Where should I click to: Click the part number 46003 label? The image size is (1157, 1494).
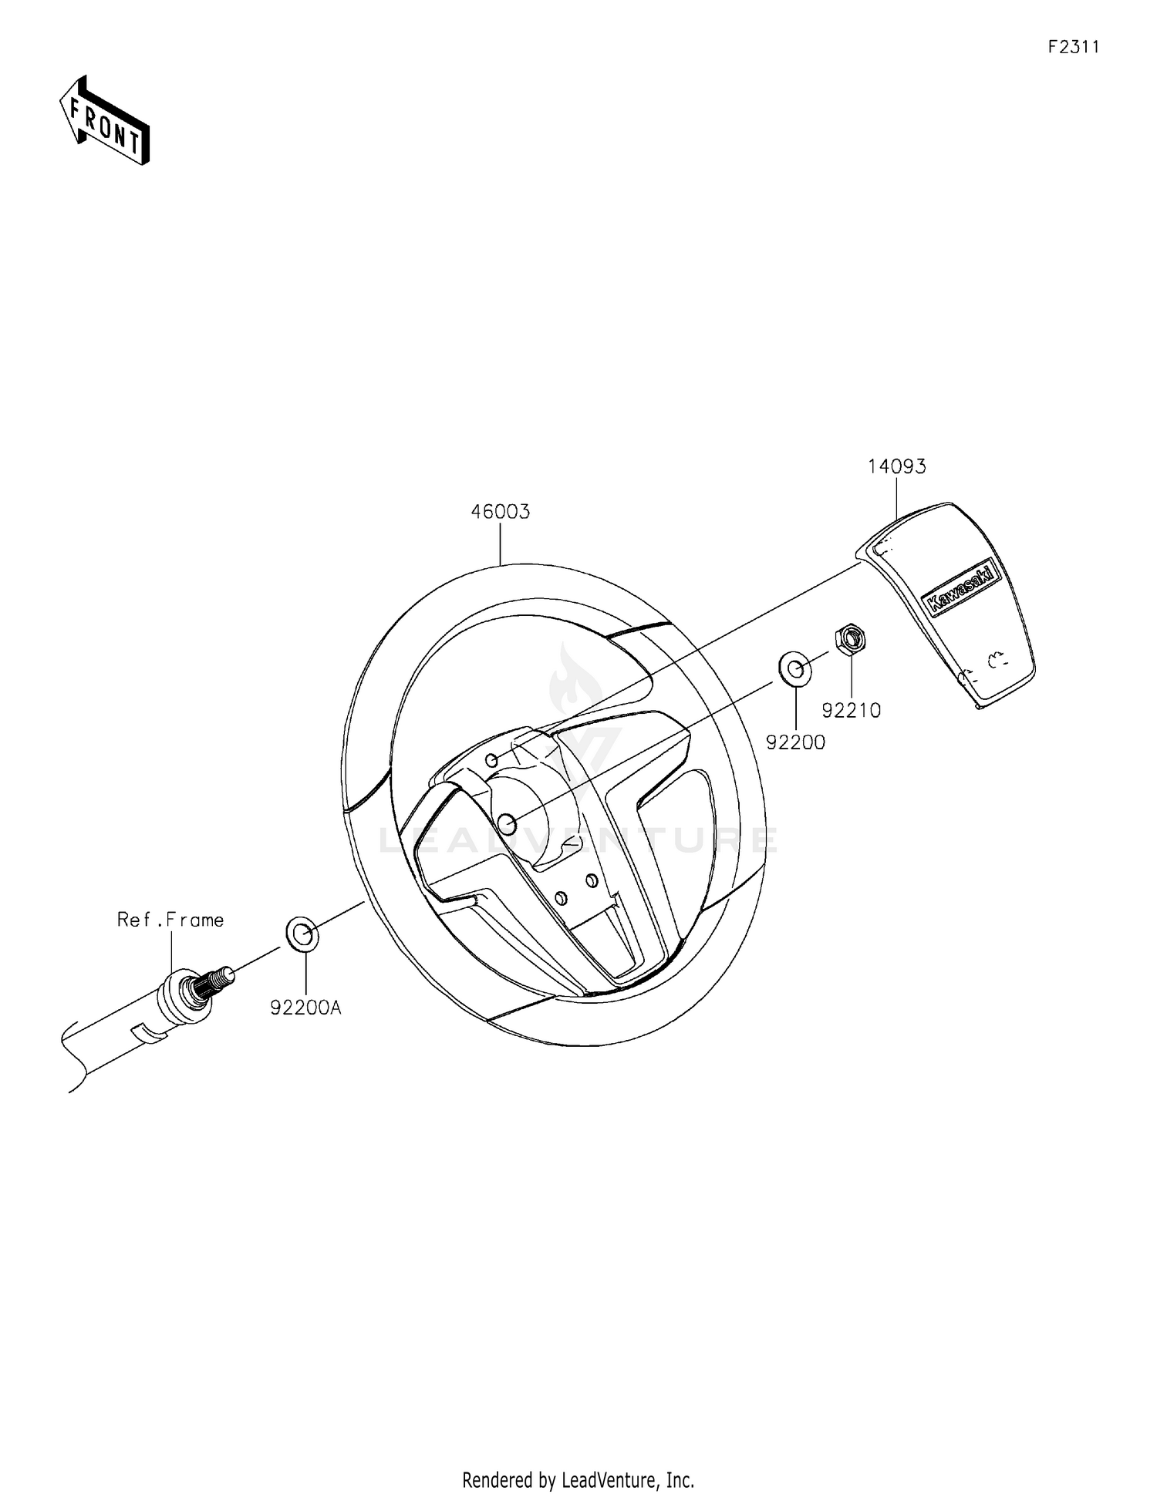501,512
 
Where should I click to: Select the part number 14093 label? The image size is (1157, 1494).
896,466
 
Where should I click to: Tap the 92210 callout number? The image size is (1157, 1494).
851,711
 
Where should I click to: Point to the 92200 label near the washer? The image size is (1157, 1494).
795,742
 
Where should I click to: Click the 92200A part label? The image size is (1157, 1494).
305,1008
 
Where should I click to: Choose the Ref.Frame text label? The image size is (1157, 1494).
170,920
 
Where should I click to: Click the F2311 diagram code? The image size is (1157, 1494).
1073,47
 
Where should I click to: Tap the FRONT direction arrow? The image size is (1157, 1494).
105,122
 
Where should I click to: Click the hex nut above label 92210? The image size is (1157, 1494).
851,639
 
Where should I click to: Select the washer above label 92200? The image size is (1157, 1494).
795,668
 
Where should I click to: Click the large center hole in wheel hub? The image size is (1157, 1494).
507,824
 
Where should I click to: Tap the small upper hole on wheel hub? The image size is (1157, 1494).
491,761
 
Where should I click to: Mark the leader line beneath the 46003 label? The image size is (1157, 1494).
501,543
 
